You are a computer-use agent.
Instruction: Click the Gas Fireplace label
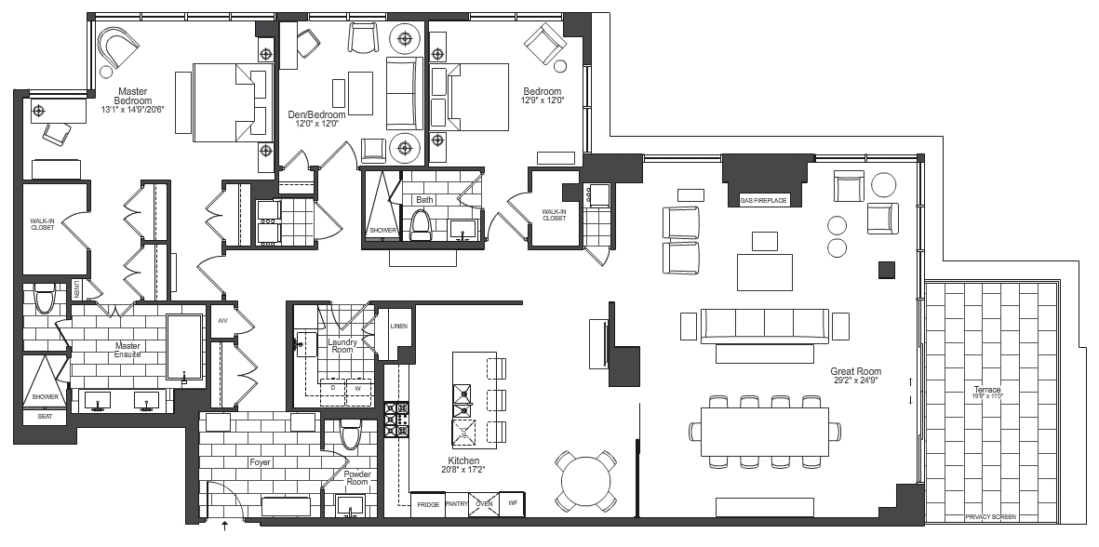[763, 201]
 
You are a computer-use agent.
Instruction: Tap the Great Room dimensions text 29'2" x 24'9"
[855, 380]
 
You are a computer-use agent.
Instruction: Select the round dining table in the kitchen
[586, 480]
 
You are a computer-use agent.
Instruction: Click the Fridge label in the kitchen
[427, 504]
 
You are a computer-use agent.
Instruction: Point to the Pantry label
[456, 504]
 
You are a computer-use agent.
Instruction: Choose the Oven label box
[484, 504]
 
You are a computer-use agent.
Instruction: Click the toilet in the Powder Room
[350, 434]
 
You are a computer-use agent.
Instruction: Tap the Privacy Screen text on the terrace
[990, 517]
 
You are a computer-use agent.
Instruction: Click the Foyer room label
[260, 462]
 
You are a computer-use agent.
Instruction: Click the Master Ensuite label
[127, 350]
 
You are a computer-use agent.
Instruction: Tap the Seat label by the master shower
[44, 416]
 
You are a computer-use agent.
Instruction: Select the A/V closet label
[223, 320]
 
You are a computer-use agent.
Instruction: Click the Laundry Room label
[342, 346]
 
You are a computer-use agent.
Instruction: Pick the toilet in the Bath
[421, 224]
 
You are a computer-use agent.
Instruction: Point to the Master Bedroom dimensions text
[132, 109]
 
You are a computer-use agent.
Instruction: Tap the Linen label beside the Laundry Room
[399, 327]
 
